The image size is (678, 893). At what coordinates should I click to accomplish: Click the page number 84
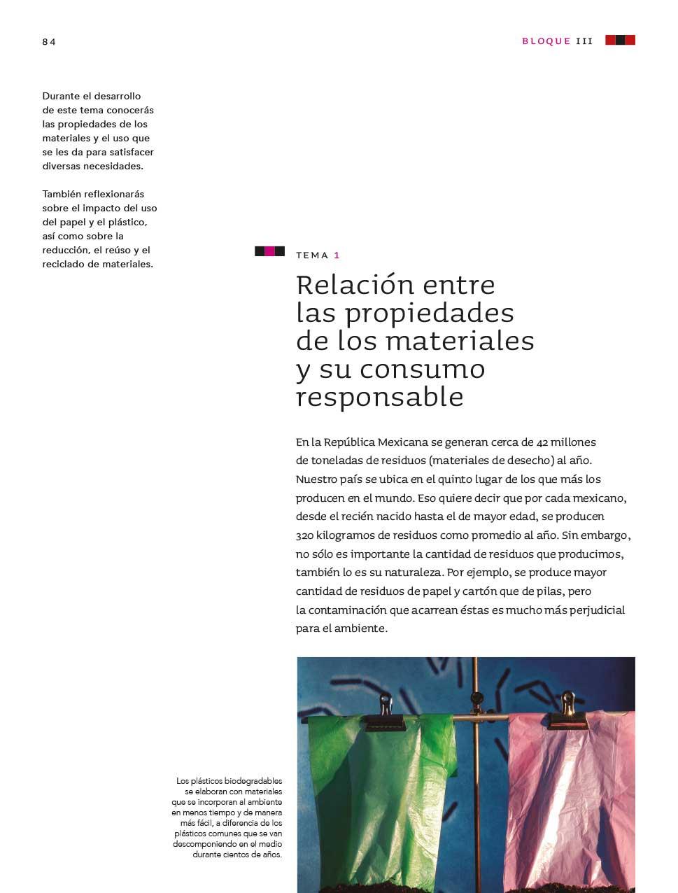[x=48, y=42]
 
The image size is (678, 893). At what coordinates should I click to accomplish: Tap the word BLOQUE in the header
[x=546, y=41]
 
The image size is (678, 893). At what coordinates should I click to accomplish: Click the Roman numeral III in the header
[x=584, y=41]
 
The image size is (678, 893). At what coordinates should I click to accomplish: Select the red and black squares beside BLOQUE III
[x=620, y=41]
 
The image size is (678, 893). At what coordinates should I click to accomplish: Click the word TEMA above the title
[x=312, y=255]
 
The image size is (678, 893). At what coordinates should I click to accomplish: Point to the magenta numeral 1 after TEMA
[x=337, y=255]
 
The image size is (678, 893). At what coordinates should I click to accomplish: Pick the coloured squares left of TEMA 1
[x=269, y=251]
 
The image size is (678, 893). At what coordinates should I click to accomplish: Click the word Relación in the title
[x=355, y=286]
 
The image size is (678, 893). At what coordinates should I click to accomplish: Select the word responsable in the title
[x=379, y=398]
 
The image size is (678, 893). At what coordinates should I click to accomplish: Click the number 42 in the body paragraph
[x=542, y=442]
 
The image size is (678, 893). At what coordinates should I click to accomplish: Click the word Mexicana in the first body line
[x=402, y=442]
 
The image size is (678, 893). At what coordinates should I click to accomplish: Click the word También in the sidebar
[x=63, y=194]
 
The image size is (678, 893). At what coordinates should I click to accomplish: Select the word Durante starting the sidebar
[x=62, y=96]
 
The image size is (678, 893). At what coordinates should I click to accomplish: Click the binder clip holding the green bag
[x=386, y=708]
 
